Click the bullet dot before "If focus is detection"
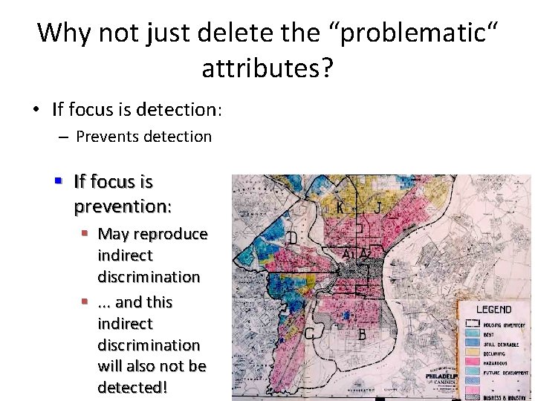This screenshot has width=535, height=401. pos(36,110)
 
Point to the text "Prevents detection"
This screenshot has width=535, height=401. pos(143,137)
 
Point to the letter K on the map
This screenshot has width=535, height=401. pos(340,207)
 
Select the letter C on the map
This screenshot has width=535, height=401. pos(308,334)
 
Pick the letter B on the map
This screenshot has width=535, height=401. pos(362,335)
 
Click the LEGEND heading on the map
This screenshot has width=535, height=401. pos(493,309)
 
